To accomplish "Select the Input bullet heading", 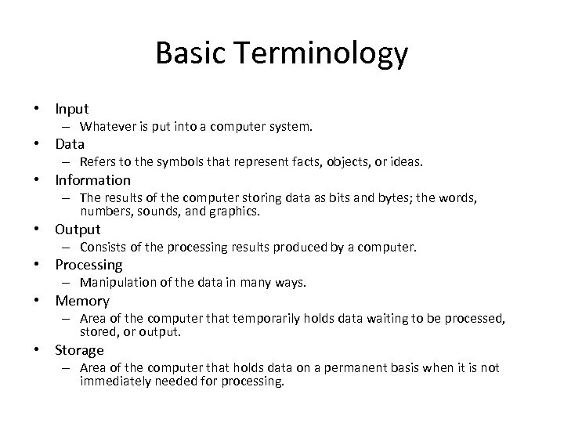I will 72,109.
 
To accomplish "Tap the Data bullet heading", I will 70,144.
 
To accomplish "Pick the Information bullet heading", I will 92,180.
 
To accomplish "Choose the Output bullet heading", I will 78,230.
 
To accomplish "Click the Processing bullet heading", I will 89,265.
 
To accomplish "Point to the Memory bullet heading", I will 82,301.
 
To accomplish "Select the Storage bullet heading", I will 79,350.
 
